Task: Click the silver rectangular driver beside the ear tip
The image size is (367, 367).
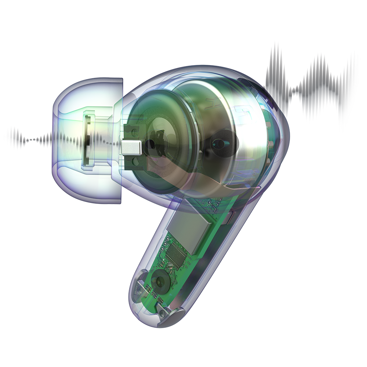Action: tap(131, 148)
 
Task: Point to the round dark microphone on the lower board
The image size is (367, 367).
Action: tap(160, 282)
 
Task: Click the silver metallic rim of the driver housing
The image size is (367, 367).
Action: tap(242, 121)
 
